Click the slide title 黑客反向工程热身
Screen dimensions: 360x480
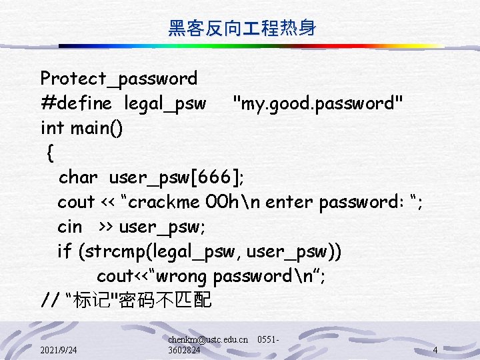click(x=241, y=28)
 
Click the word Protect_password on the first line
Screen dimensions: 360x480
click(x=119, y=79)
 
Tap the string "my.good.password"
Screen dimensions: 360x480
click(x=317, y=103)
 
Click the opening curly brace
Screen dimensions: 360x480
click(x=51, y=153)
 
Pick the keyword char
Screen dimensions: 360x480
click(x=78, y=177)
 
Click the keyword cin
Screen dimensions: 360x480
click(x=70, y=227)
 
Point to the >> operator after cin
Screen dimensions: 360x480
click(x=106, y=227)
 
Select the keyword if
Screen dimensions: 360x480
click(x=65, y=251)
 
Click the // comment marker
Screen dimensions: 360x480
click(x=50, y=301)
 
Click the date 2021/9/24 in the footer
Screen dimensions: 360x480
click(x=58, y=350)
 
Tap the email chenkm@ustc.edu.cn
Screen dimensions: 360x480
click(x=208, y=339)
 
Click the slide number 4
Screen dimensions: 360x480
click(x=435, y=350)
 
